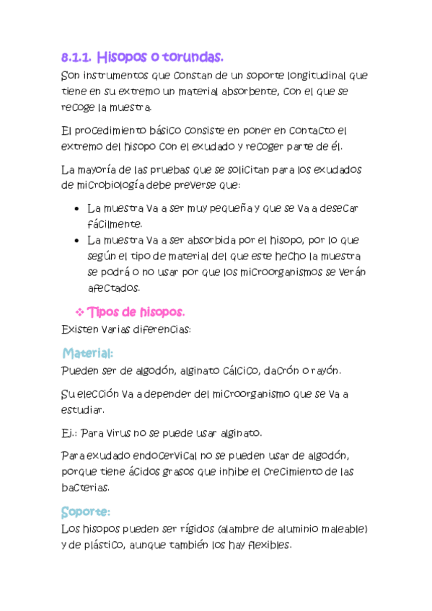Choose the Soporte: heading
pos(85,511)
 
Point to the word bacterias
pos(86,487)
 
